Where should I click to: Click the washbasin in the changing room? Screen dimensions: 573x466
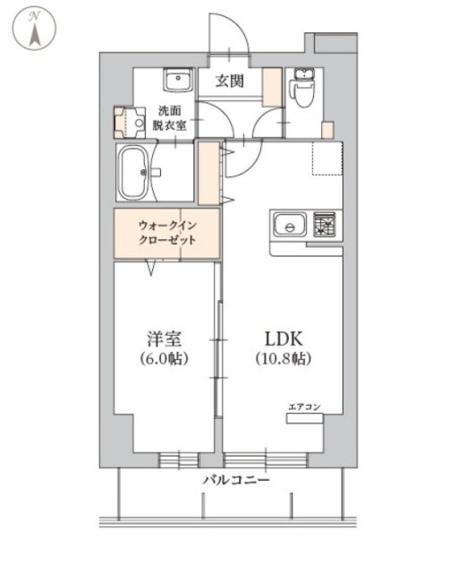click(x=179, y=81)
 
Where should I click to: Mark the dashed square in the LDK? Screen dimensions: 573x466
click(x=327, y=159)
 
